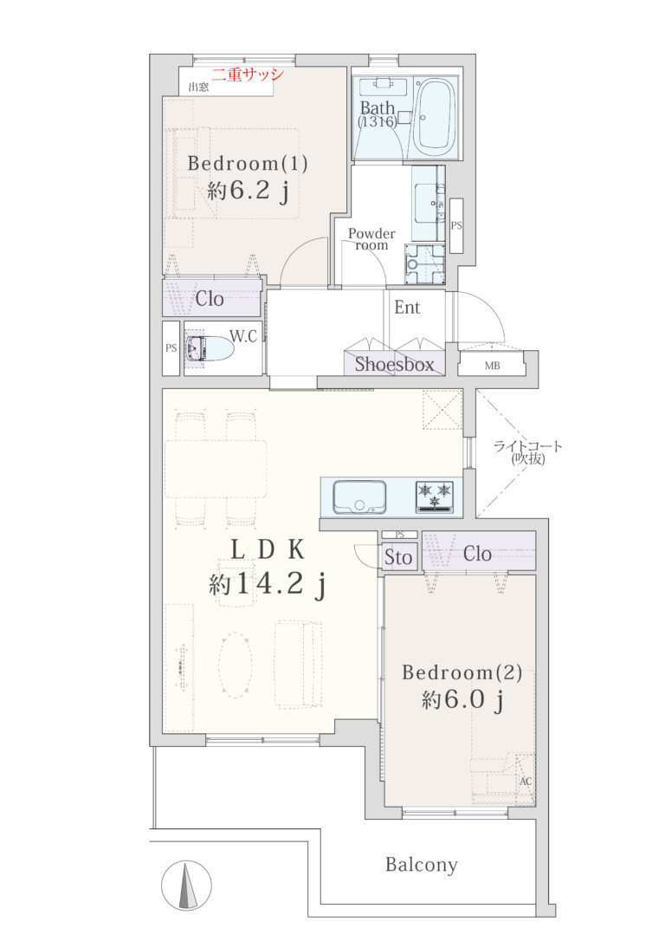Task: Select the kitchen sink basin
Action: coord(359,496)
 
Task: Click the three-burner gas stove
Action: coord(434,496)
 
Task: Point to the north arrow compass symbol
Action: coord(186,886)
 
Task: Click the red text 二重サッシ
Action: coord(247,75)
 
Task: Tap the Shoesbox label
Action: coord(394,364)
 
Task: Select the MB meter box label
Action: coord(493,366)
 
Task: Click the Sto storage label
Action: coord(398,557)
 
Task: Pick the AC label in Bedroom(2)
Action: coord(526,782)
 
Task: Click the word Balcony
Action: coord(421,865)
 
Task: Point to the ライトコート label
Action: coord(527,446)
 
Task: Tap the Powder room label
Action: coord(371,239)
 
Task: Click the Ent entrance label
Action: coord(407,308)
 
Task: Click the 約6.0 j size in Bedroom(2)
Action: coord(462,699)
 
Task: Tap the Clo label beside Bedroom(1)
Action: coord(210,299)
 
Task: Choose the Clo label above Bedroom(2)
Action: coord(477,554)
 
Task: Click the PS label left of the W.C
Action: coord(171,348)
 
